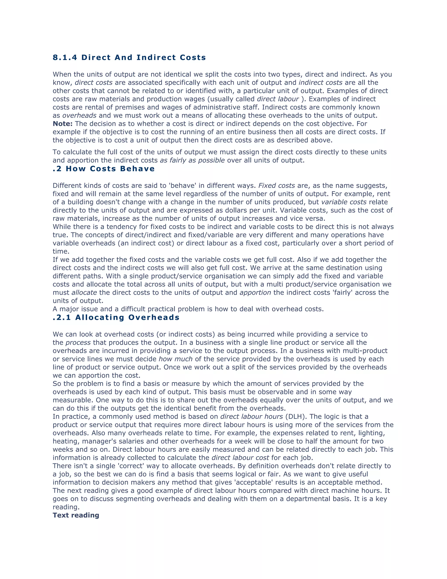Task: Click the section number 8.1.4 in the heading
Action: click(65, 57)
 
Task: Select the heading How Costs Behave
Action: click(110, 169)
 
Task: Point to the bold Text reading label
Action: click(76, 515)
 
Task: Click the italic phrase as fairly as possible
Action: click(192, 160)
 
